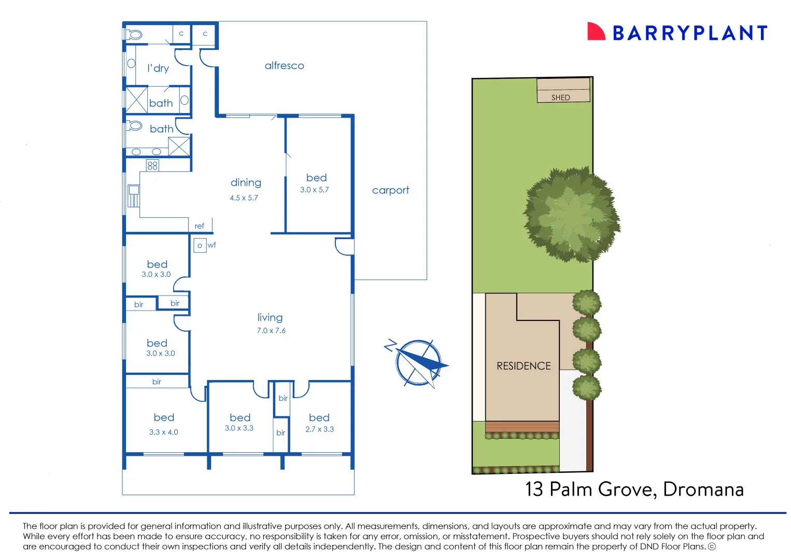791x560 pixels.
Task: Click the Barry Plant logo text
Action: coord(689,33)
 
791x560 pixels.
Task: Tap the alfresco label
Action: coord(284,66)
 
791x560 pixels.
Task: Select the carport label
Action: coord(390,190)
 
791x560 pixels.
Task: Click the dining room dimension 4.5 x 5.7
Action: coord(244,198)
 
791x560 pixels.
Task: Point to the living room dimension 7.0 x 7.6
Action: coord(271,331)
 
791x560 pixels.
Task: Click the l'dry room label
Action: coord(158,68)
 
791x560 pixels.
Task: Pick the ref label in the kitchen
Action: coord(200,226)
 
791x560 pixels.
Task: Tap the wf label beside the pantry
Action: coord(212,245)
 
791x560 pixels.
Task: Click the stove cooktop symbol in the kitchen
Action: coord(152,165)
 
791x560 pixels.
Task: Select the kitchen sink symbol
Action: coord(134,195)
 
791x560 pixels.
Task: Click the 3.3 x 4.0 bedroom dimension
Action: coord(163,432)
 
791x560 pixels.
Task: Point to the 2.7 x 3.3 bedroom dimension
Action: coord(319,429)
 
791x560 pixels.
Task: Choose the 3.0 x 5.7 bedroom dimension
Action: coord(314,190)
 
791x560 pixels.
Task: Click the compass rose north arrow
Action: coord(418,362)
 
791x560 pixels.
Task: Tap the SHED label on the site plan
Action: coord(560,97)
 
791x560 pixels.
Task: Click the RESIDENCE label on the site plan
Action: coord(524,366)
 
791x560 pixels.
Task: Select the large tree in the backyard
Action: coord(571,214)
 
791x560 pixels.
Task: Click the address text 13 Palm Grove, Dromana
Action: coord(634,489)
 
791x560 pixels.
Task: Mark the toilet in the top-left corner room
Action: coord(134,35)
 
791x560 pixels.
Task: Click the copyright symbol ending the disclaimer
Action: coord(712,547)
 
